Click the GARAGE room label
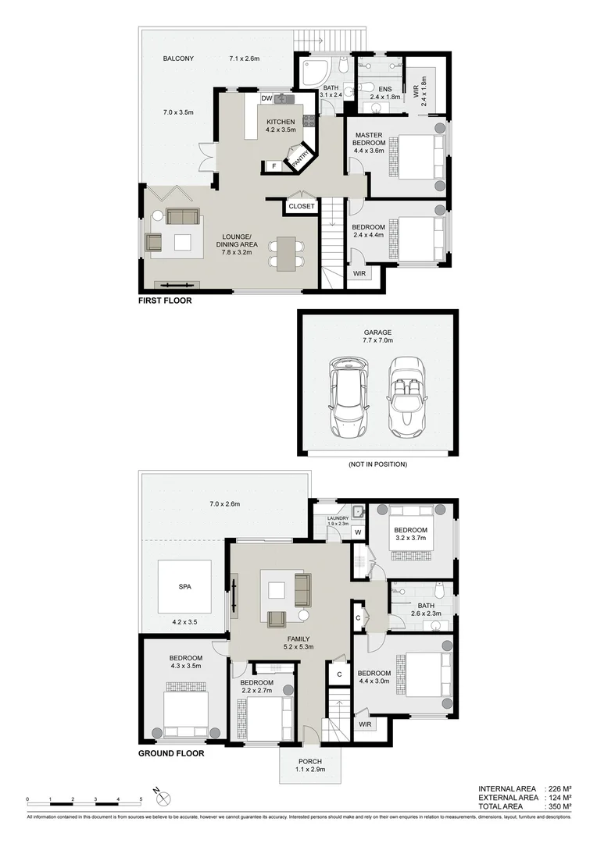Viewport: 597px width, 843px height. point(377,333)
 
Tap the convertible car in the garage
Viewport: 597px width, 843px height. point(406,397)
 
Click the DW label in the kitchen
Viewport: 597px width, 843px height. point(266,98)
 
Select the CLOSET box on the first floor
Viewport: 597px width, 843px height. point(301,207)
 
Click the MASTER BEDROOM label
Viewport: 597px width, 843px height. point(369,138)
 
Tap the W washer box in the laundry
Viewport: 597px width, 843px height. point(357,533)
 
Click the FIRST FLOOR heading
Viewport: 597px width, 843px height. point(164,301)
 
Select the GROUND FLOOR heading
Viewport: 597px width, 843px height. point(171,754)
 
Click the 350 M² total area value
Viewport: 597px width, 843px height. point(559,806)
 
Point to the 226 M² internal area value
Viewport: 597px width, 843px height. point(559,789)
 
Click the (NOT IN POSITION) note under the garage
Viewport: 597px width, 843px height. point(377,464)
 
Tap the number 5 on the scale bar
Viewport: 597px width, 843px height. point(141,800)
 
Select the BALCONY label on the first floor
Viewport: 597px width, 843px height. point(178,59)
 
